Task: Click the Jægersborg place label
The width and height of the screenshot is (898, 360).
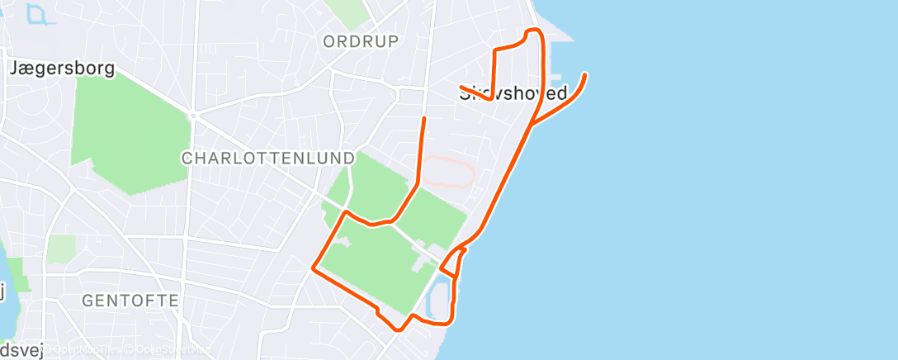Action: coord(61,69)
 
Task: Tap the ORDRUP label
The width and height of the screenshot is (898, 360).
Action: coord(361,41)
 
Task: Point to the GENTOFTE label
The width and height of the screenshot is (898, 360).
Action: coord(130,301)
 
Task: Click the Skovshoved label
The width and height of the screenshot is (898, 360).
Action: coord(513,93)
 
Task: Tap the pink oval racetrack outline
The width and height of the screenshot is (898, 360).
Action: coord(450,173)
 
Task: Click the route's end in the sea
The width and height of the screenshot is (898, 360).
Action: coord(585,75)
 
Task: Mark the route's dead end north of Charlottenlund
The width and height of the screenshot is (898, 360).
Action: coord(424,119)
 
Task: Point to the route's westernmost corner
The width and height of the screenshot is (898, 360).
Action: coord(313,268)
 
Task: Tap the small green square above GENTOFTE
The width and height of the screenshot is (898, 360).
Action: coord(61,249)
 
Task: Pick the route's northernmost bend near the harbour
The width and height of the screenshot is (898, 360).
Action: coord(533,31)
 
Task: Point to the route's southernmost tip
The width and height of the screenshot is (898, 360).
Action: coord(399,329)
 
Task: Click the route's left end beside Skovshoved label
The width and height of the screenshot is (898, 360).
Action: coord(461,87)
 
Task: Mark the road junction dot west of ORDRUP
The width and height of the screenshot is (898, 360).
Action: coord(192,116)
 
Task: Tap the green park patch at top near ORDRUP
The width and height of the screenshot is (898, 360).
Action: coord(347,10)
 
